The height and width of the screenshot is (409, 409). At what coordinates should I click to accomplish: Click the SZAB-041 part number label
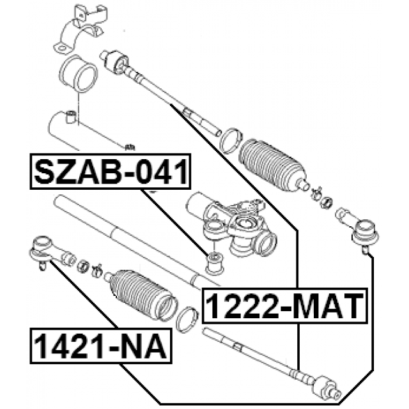[111, 171]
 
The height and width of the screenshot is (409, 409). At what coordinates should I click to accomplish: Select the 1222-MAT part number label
[285, 305]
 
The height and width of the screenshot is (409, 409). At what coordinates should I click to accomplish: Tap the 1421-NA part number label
[101, 346]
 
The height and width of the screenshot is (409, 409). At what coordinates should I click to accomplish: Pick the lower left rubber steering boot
[143, 295]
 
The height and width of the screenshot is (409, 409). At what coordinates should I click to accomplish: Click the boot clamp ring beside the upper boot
[231, 141]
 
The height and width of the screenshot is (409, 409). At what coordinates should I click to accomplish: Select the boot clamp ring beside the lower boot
[187, 320]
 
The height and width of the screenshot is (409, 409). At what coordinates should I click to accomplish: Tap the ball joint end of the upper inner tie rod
[114, 62]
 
